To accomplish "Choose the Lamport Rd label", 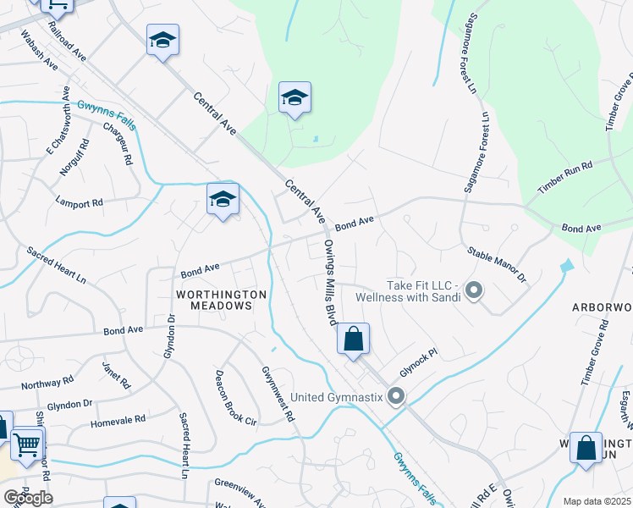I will [79, 203].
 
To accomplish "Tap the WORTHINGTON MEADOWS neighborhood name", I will [221, 300].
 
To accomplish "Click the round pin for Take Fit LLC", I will [474, 291].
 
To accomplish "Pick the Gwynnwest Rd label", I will [278, 394].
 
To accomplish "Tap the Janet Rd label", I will [116, 375].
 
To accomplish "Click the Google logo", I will [27, 498].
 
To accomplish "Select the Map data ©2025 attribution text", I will [597, 501].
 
